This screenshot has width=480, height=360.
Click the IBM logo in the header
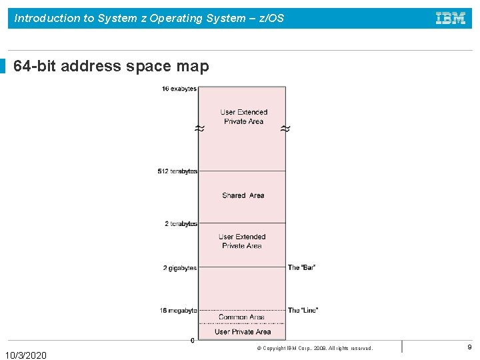pyautogui.click(x=451, y=18)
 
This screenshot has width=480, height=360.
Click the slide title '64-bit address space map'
pyautogui.click(x=111, y=67)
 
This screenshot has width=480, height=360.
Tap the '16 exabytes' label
pyautogui.click(x=179, y=89)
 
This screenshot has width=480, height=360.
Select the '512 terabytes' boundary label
pyautogui.click(x=177, y=171)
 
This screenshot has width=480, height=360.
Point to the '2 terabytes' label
pyautogui.click(x=181, y=223)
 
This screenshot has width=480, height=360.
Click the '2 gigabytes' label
pyautogui.click(x=179, y=268)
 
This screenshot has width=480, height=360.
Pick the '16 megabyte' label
pyautogui.click(x=178, y=310)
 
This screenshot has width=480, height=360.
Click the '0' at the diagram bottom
pyautogui.click(x=193, y=340)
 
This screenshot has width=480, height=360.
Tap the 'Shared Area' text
pyautogui.click(x=243, y=195)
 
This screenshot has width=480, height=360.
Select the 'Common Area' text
pyautogui.click(x=241, y=317)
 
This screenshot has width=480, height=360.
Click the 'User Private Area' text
pyautogui.click(x=243, y=331)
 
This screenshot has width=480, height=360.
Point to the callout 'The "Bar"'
pyautogui.click(x=301, y=267)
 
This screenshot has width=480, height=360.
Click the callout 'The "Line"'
pyautogui.click(x=303, y=310)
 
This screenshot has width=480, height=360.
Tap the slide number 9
pyautogui.click(x=469, y=347)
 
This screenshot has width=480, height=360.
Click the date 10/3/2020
pyautogui.click(x=26, y=355)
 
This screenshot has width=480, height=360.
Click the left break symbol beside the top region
pyautogui.click(x=199, y=128)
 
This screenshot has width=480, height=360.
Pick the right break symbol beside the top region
pyautogui.click(x=285, y=128)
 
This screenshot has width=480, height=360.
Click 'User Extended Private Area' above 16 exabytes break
pyautogui.click(x=243, y=117)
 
